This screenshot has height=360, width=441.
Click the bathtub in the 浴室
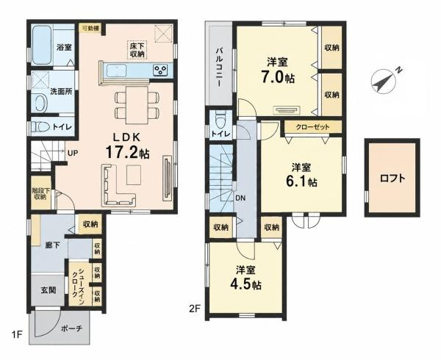[41, 45]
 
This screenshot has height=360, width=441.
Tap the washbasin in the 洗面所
[41, 103]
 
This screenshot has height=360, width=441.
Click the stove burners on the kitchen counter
[160, 70]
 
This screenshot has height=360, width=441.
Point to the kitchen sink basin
[116, 70]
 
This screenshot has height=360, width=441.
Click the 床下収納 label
[137, 50]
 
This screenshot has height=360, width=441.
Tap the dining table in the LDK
[137, 105]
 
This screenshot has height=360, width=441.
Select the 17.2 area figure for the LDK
[122, 152]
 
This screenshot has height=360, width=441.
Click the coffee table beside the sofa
[134, 175]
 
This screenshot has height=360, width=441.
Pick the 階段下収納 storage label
[40, 194]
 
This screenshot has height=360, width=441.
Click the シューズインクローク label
[78, 283]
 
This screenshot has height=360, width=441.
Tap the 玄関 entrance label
[49, 290]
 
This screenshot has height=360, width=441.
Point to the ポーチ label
[72, 328]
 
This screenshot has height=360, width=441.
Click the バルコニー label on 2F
[219, 67]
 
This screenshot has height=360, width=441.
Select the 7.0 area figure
[272, 77]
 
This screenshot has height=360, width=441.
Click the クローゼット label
[312, 127]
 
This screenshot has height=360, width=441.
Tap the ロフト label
[392, 179]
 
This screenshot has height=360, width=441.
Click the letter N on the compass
[398, 70]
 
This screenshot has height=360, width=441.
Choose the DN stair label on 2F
[240, 198]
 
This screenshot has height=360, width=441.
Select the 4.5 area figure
[240, 284]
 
